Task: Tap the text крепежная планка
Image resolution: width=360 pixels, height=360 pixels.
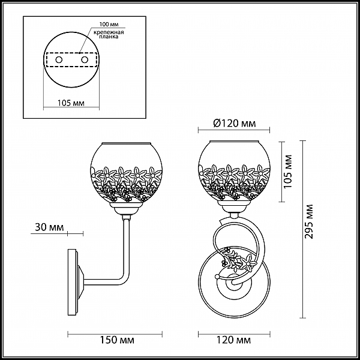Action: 109,34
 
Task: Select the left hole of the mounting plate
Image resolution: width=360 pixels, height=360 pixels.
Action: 59,60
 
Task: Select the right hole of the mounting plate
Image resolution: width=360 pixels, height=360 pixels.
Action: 85,60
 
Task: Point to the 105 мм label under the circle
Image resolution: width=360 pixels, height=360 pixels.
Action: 71,103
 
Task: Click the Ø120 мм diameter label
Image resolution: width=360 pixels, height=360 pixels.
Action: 234,124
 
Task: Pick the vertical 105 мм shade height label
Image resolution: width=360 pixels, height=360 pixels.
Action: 288,172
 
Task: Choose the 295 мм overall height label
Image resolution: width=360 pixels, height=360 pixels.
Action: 309,221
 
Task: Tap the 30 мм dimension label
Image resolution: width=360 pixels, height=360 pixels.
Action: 49,227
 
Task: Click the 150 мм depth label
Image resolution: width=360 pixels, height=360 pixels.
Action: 117,340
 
